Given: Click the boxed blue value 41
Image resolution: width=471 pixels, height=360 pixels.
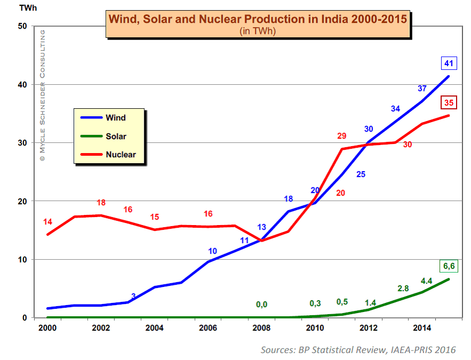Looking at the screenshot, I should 448,63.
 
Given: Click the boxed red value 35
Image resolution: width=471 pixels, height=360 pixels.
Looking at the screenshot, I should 448,103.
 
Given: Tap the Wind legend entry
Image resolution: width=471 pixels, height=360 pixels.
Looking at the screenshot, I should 116,117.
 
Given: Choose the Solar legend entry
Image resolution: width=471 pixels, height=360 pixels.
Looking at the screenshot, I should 116,136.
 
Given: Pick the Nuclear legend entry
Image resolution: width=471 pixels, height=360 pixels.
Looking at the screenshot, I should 120,155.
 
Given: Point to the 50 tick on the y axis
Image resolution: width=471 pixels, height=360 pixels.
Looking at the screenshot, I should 21,26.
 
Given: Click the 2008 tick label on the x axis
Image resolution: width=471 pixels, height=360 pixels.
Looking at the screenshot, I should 261,327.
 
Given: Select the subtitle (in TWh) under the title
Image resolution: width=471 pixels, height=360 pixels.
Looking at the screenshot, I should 258,31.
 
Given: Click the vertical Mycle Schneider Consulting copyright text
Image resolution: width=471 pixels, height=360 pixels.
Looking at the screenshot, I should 42,96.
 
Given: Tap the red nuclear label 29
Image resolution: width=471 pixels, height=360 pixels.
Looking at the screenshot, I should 342,136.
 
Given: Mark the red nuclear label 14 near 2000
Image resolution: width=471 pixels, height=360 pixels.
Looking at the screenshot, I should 48,221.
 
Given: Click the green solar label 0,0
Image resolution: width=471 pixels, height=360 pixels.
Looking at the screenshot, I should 262,304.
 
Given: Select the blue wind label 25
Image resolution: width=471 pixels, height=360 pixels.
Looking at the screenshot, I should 361,174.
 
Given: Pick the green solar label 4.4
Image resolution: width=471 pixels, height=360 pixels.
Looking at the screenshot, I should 427,281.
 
